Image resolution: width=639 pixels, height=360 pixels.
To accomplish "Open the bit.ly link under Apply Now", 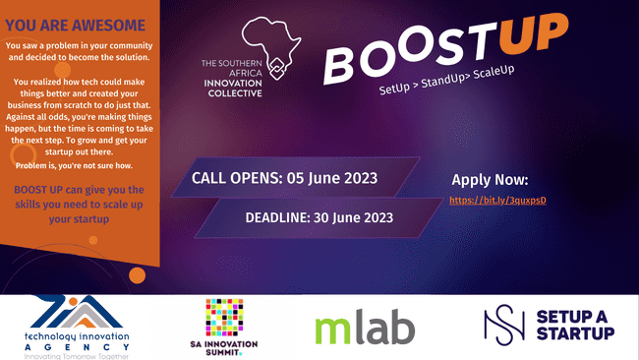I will [496, 200].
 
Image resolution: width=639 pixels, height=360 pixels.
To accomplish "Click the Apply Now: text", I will [490, 180].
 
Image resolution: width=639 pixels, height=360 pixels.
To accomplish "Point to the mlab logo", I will [364, 329].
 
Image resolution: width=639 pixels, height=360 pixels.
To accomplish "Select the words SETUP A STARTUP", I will [576, 325].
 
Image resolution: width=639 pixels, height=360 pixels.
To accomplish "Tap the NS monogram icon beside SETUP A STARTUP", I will [503, 326].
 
